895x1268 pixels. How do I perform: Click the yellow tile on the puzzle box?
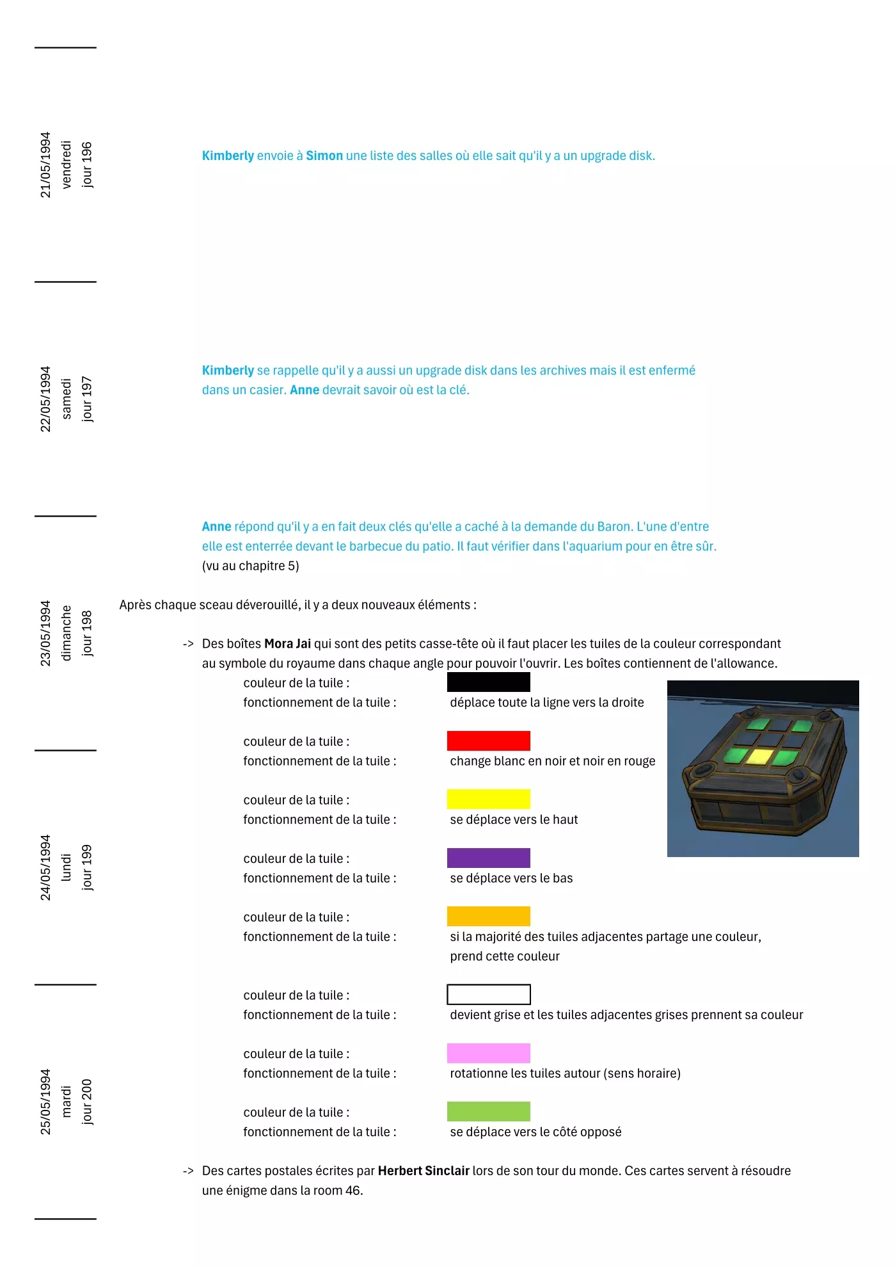pyautogui.click(x=760, y=757)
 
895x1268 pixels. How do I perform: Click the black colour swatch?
pyautogui.click(x=488, y=682)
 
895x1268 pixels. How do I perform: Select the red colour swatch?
pyautogui.click(x=488, y=741)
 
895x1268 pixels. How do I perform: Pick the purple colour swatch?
pyautogui.click(x=488, y=858)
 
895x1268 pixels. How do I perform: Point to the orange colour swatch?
pyautogui.click(x=488, y=916)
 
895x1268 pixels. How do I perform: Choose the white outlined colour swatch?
pyautogui.click(x=488, y=994)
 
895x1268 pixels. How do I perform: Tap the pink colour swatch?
pyautogui.click(x=488, y=1053)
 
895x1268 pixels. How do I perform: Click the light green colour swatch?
pyautogui.click(x=488, y=1111)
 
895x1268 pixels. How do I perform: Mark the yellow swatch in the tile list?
pyautogui.click(x=488, y=799)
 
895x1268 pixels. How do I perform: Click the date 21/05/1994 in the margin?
pyautogui.click(x=45, y=165)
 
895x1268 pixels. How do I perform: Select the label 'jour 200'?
pyautogui.click(x=86, y=1102)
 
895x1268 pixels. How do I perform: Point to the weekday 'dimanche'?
pyautogui.click(x=66, y=633)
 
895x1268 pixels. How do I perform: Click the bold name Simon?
pyautogui.click(x=324, y=156)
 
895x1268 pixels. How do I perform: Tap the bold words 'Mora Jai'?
pyautogui.click(x=287, y=643)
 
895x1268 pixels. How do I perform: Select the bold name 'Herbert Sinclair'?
pyautogui.click(x=424, y=1171)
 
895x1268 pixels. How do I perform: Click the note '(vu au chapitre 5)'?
pyautogui.click(x=250, y=566)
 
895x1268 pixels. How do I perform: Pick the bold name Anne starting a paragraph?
pyautogui.click(x=216, y=526)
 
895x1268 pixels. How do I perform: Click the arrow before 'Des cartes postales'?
pyautogui.click(x=188, y=1171)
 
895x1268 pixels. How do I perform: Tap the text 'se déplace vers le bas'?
pyautogui.click(x=511, y=878)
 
